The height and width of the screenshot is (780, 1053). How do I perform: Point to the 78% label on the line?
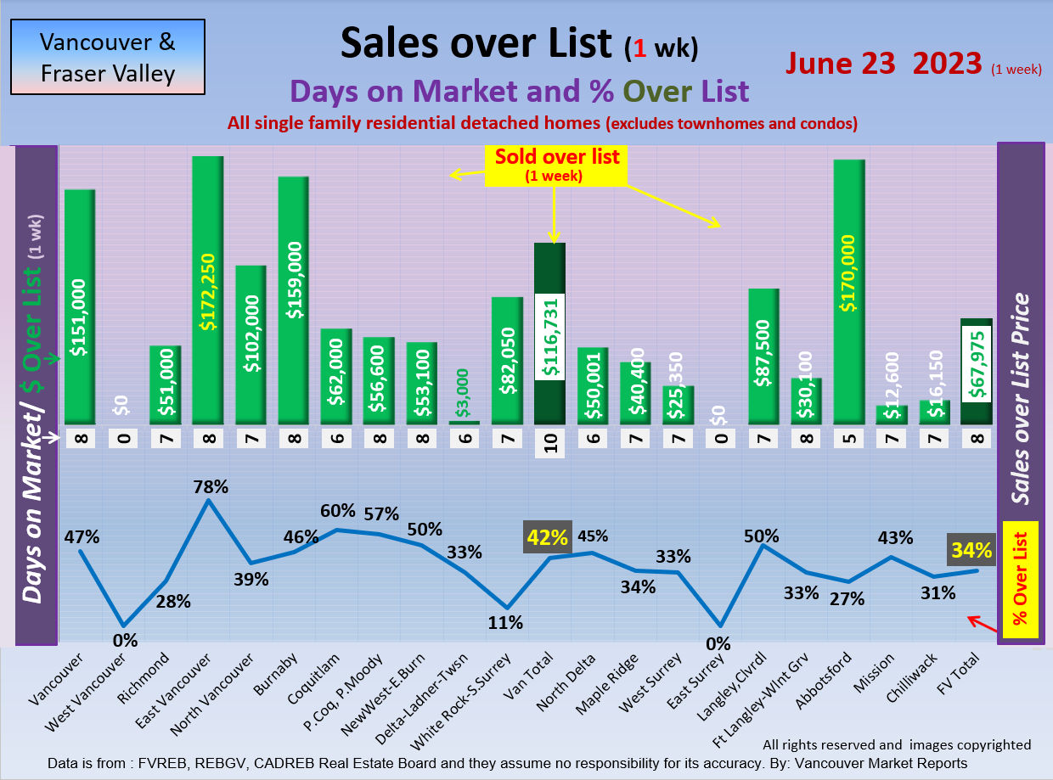pyautogui.click(x=211, y=487)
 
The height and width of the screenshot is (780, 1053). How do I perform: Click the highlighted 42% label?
pyautogui.click(x=548, y=537)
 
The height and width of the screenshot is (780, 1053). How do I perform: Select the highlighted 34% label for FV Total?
pyautogui.click(x=971, y=551)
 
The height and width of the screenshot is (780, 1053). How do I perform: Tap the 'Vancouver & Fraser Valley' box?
pyautogui.click(x=108, y=57)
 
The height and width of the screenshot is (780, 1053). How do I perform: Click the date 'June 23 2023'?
pyautogui.click(x=883, y=64)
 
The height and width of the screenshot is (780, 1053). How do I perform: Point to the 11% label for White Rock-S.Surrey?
pyautogui.click(x=507, y=622)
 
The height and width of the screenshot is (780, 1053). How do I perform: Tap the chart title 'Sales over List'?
pyautogui.click(x=476, y=43)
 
